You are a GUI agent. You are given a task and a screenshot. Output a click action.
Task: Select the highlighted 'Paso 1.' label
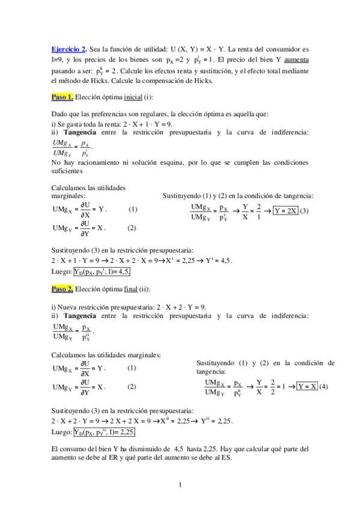click(63, 97)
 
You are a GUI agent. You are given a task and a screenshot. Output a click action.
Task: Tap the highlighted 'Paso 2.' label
click(63, 289)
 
